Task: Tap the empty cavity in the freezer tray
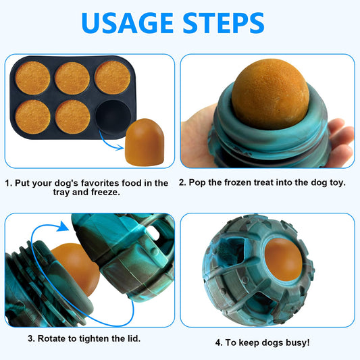click(x=112, y=117)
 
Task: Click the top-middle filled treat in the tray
click(x=72, y=78)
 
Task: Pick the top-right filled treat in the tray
click(x=112, y=77)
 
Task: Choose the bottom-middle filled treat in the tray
click(x=72, y=117)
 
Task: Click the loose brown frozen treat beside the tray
click(x=143, y=143)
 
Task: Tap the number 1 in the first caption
click(x=8, y=183)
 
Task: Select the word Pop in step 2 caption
click(x=201, y=183)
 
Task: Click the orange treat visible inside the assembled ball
click(x=282, y=260)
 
